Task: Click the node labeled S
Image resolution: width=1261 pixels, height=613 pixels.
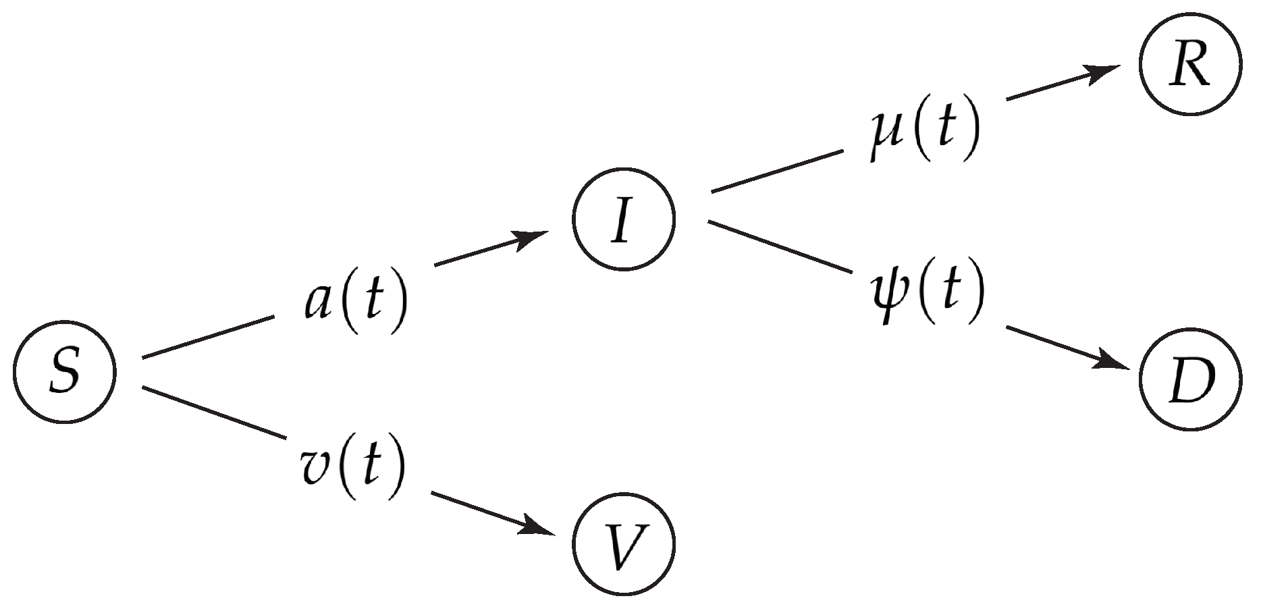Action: [65, 373]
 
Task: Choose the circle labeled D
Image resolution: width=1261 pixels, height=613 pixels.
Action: [1191, 378]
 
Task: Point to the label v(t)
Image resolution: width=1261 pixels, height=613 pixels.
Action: [353, 465]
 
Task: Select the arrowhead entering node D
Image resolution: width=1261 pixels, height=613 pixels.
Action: [1111, 361]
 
